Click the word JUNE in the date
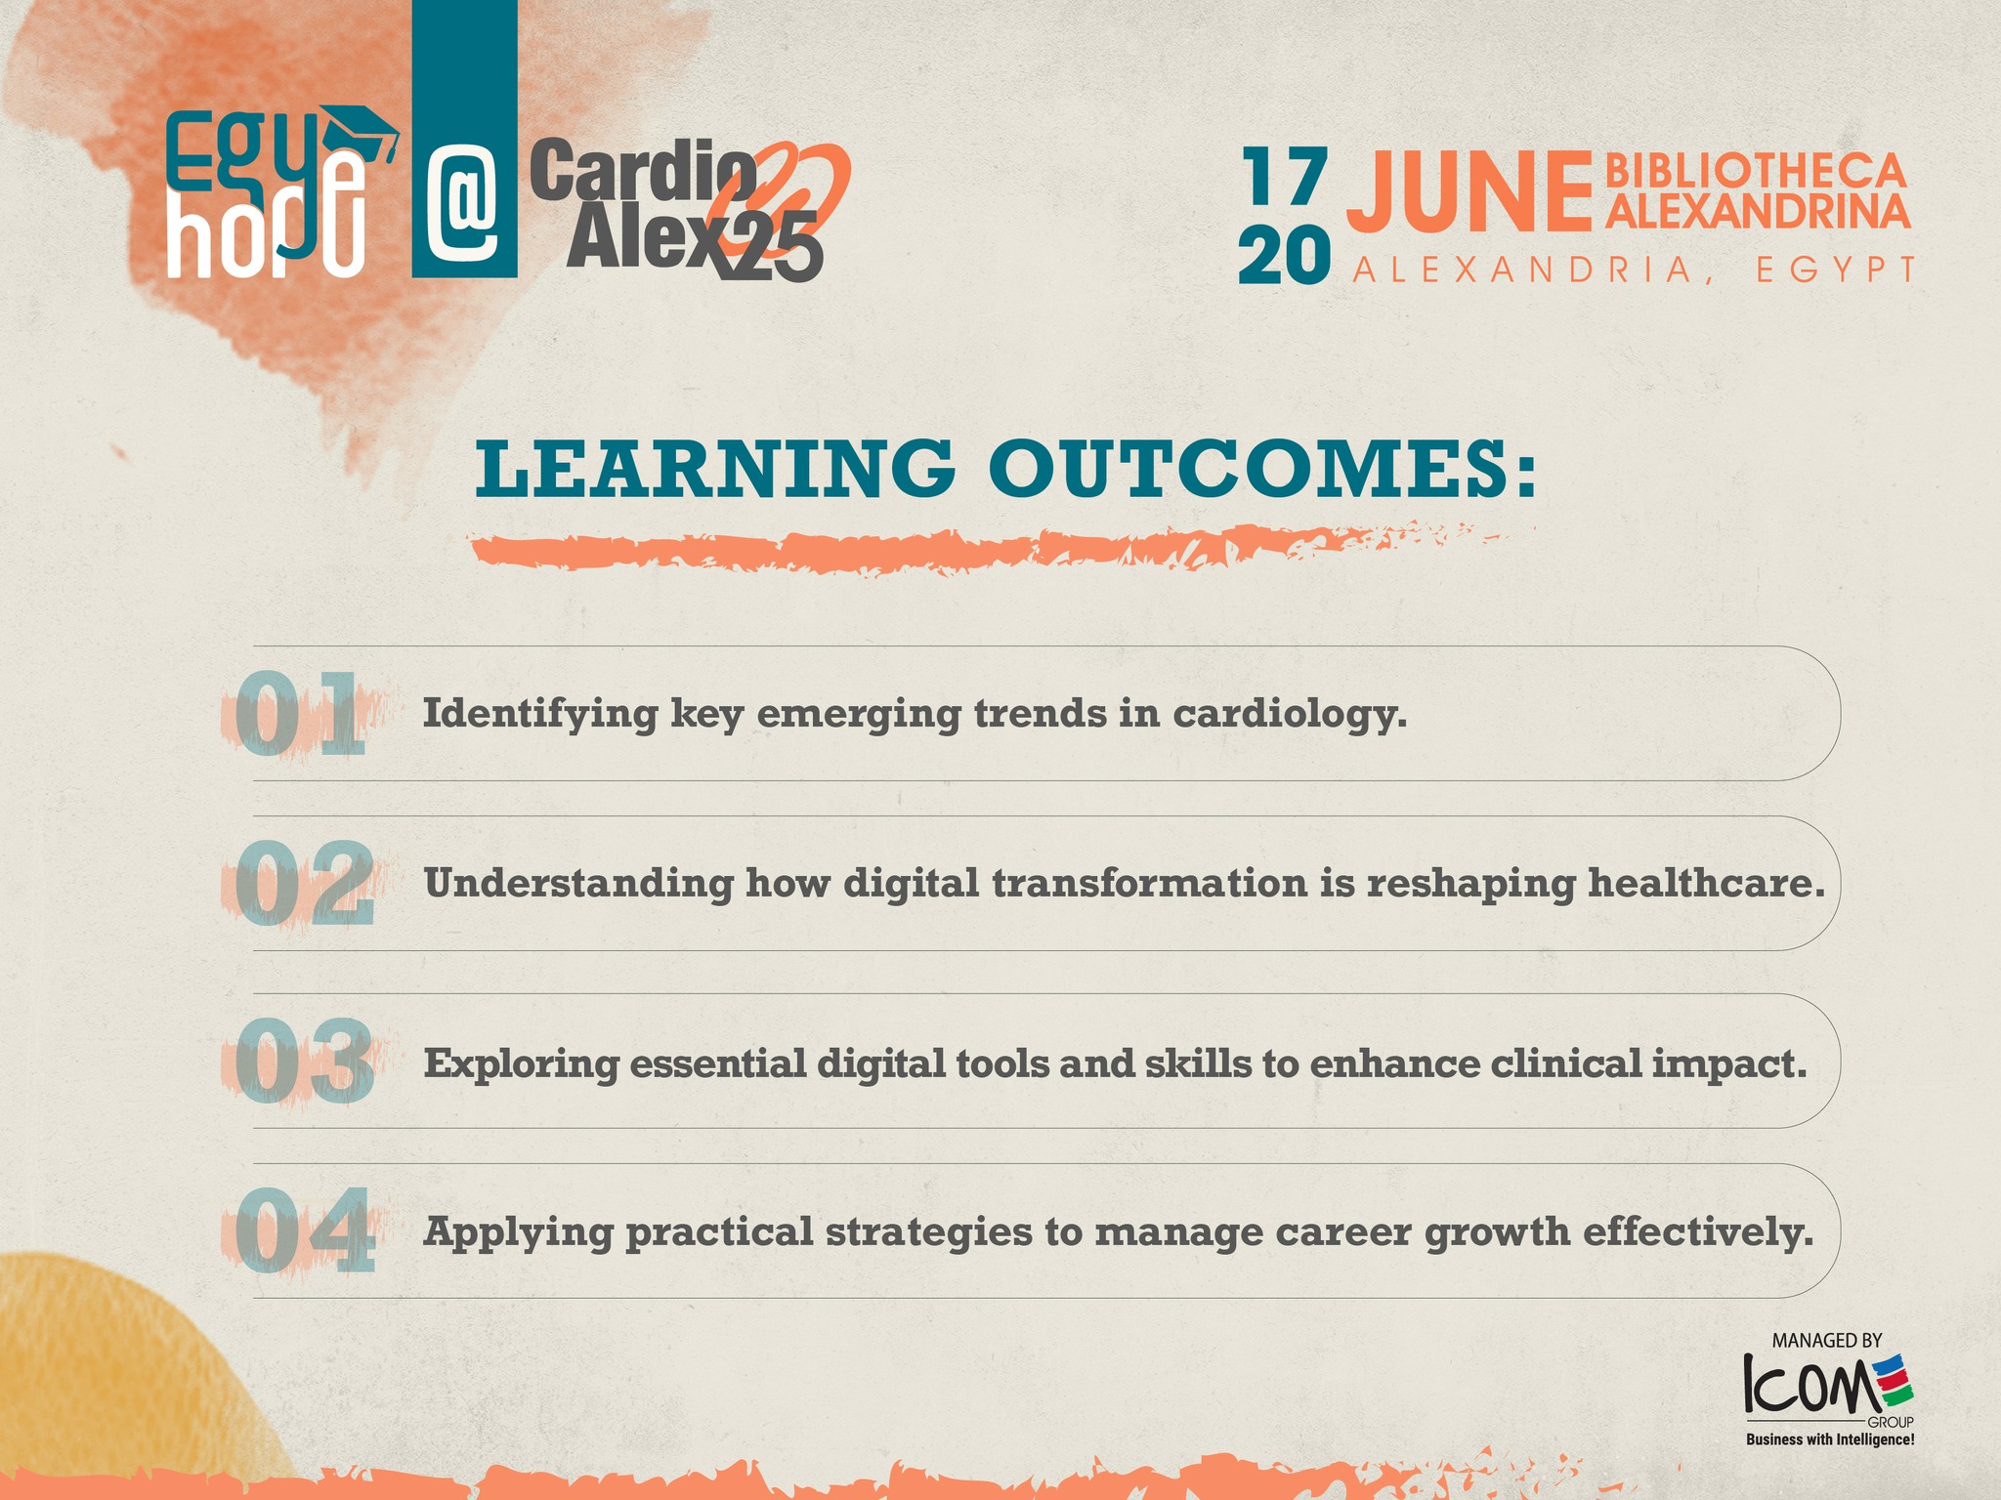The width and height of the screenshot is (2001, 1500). pos(1469,192)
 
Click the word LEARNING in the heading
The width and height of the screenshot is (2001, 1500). pos(714,469)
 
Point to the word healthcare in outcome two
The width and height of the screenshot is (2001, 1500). pos(1706,883)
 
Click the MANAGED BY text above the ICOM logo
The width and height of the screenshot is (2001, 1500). pos(1827,1341)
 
